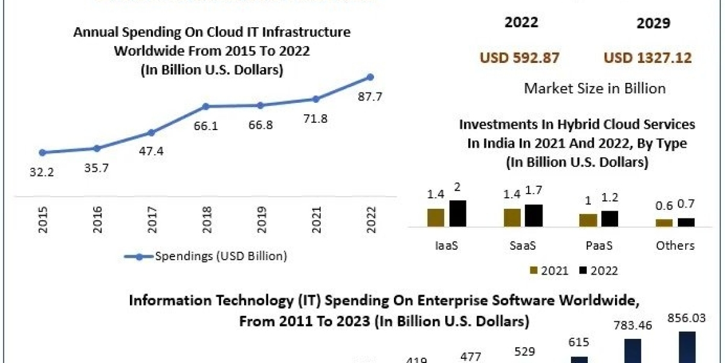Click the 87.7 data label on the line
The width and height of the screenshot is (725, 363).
point(370,97)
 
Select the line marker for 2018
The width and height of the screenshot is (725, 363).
point(205,106)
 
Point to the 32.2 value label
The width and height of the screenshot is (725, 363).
point(42,172)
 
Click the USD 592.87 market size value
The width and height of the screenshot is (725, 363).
point(520,58)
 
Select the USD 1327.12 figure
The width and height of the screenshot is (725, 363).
point(648,58)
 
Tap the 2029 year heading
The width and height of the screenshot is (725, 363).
point(653,24)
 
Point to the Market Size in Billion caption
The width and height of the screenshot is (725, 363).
point(594,88)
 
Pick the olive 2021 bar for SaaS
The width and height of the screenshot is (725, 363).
point(512,217)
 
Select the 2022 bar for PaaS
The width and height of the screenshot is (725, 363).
point(610,218)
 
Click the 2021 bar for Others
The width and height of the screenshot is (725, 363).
point(664,223)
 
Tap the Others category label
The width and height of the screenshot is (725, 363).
point(675,245)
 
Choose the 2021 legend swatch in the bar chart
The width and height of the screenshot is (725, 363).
point(533,270)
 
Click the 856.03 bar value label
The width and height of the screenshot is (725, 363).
point(687,318)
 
